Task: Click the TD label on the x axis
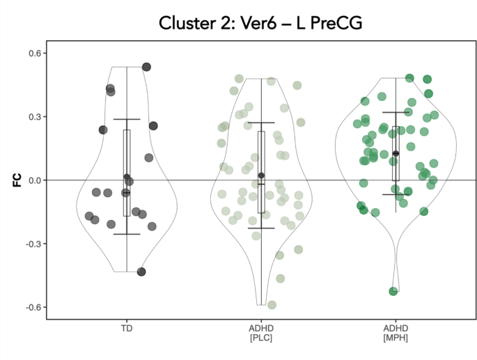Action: [x=127, y=327]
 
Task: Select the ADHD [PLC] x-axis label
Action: [x=261, y=333]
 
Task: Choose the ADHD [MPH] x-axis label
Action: [x=396, y=333]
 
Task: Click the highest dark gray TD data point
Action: [x=147, y=67]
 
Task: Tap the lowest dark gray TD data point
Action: [x=141, y=272]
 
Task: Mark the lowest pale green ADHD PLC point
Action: [x=272, y=305]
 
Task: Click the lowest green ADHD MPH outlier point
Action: [x=393, y=291]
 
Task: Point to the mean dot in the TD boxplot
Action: [x=127, y=178]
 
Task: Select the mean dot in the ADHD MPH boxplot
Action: [x=396, y=153]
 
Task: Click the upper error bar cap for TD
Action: [x=127, y=119]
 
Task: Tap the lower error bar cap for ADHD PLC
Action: [x=261, y=228]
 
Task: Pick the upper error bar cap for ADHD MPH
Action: [x=396, y=112]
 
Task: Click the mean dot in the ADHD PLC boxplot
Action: [x=261, y=175]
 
